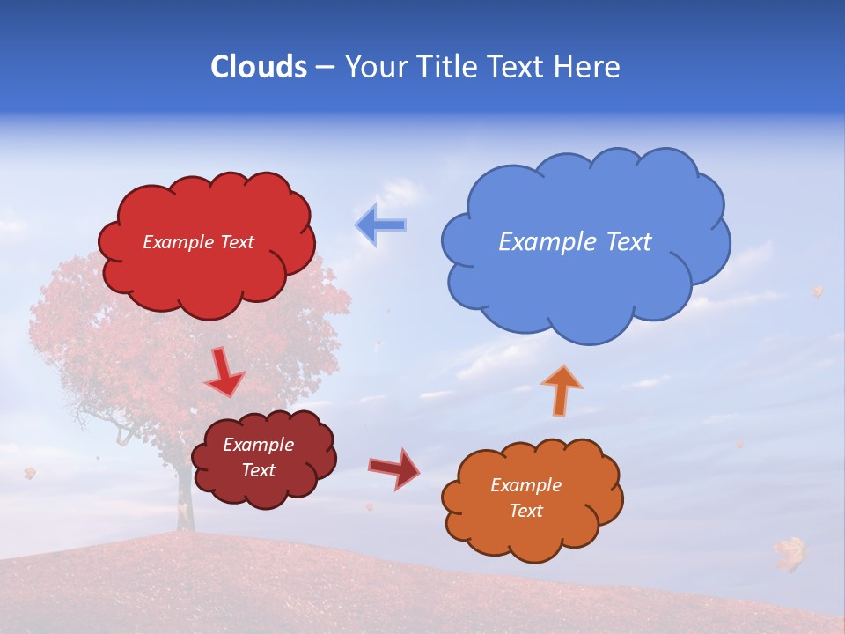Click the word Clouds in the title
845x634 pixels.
(258, 67)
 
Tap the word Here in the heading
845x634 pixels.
(586, 67)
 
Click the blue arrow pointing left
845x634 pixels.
(380, 225)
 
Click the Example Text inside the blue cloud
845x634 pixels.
(575, 242)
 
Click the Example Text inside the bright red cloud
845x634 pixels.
(198, 242)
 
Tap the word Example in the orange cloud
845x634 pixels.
(525, 485)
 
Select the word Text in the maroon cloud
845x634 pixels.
(259, 470)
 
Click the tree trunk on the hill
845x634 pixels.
(184, 502)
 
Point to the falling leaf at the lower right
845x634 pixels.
(790, 553)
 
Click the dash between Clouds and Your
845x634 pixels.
(324, 68)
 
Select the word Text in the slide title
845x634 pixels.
(515, 67)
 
